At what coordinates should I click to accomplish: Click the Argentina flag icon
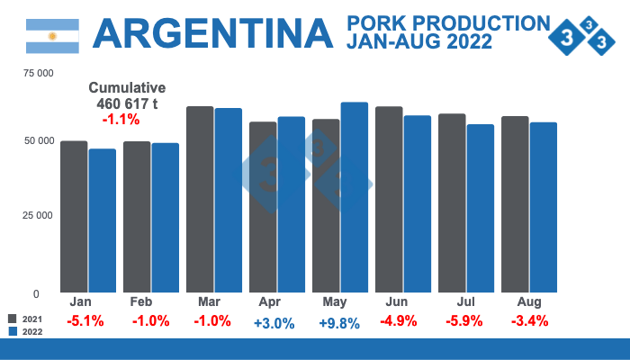coord(52,35)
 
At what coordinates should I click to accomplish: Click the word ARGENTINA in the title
coord(212,33)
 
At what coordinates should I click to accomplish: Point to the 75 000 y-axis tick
coord(35,72)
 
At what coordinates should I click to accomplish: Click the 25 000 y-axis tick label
coord(35,215)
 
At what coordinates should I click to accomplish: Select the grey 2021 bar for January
coord(74,216)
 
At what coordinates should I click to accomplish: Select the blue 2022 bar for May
coord(355,197)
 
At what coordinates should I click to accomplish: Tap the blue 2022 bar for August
coord(544,207)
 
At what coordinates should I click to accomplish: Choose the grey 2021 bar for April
coord(263,207)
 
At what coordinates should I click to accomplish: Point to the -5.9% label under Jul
coord(465,321)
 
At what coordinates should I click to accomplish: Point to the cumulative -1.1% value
coord(120,119)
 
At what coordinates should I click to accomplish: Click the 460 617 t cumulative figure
coord(127,103)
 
